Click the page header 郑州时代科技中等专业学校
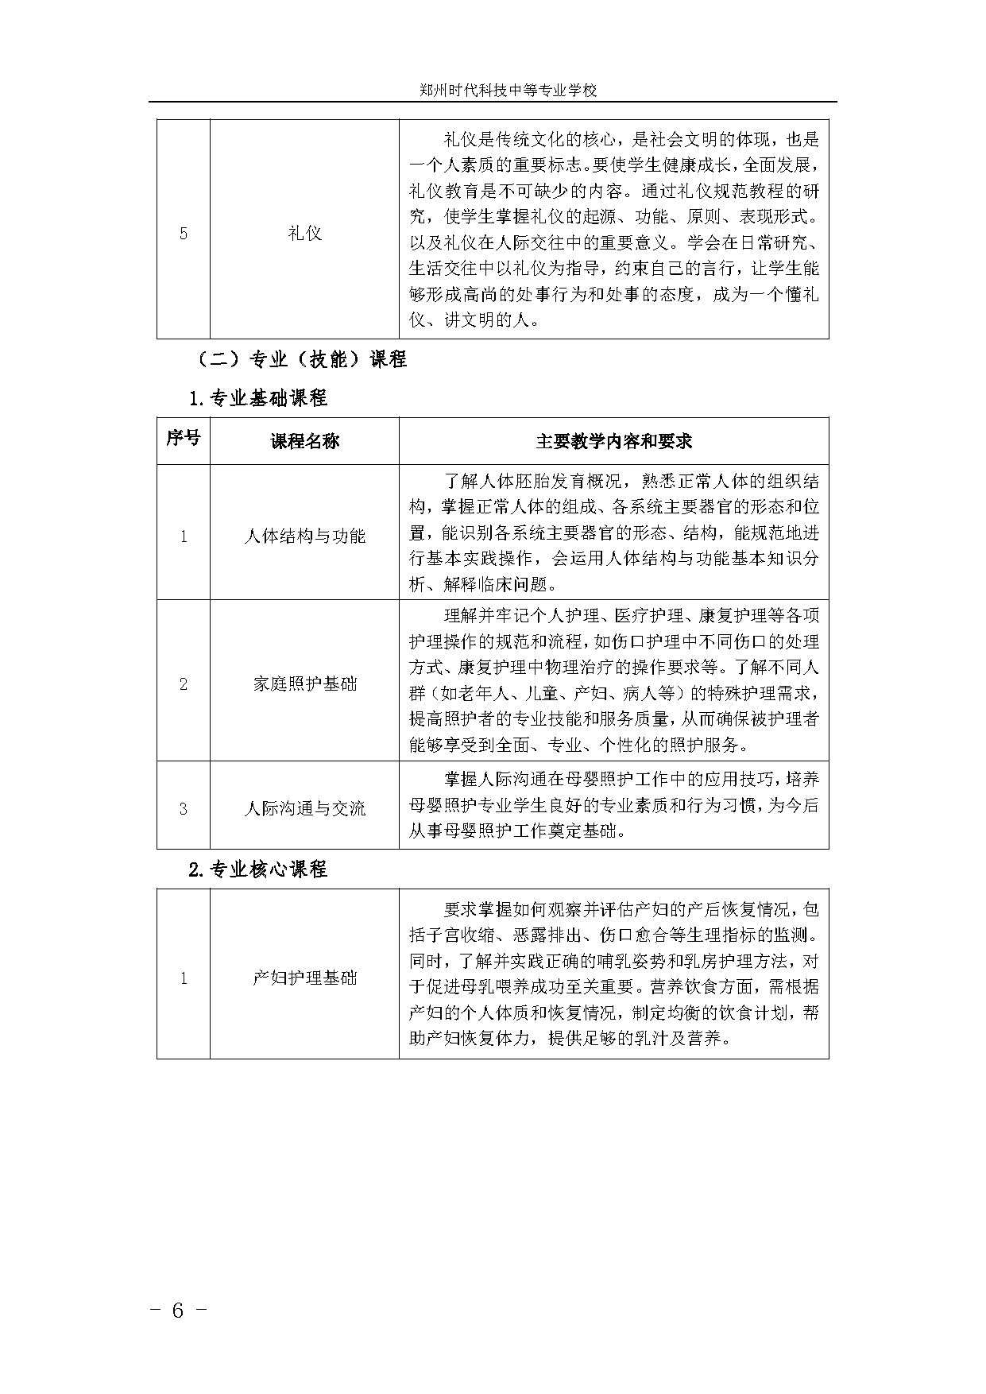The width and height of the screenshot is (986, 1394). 508,91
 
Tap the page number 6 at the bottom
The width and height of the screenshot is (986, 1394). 178,1311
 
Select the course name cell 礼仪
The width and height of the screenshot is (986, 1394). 304,233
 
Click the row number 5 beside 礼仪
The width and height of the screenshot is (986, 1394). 184,234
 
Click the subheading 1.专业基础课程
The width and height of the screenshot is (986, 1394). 258,398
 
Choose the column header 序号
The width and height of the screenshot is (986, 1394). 184,438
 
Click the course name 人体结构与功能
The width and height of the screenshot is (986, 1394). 304,536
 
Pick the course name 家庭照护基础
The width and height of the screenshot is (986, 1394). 304,683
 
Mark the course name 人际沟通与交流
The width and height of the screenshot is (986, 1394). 304,808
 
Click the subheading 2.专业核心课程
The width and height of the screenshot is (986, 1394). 258,869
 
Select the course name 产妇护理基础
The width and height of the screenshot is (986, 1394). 304,978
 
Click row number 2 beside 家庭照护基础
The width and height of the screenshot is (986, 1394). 184,684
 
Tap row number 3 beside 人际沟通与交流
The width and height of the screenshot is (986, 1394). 184,809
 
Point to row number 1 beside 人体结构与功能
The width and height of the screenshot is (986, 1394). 184,536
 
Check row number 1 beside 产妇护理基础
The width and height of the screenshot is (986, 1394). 184,978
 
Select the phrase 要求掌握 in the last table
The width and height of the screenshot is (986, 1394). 474,908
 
